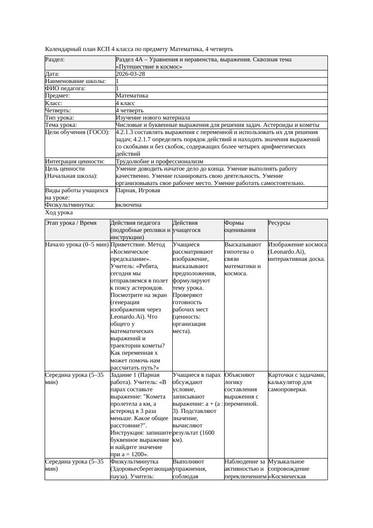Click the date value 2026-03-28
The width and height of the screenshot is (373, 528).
point(130,74)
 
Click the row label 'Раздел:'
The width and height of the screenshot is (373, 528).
point(55,60)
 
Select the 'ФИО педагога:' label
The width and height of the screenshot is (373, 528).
point(65,88)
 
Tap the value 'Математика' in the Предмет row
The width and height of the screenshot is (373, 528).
point(132,96)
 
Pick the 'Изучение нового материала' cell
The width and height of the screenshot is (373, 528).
point(153,117)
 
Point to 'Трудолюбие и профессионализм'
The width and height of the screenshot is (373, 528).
point(159,161)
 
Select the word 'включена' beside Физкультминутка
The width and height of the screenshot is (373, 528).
point(129,205)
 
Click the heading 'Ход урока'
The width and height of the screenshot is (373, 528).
point(59,212)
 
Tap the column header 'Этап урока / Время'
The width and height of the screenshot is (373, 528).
point(71,223)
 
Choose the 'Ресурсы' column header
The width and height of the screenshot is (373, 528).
point(279,223)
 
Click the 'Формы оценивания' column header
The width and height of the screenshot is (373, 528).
point(239,226)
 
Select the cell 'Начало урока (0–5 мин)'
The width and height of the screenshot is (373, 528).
point(77,245)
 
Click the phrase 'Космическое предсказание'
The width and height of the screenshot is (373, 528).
point(131,255)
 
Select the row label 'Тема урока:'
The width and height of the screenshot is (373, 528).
point(61,125)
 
